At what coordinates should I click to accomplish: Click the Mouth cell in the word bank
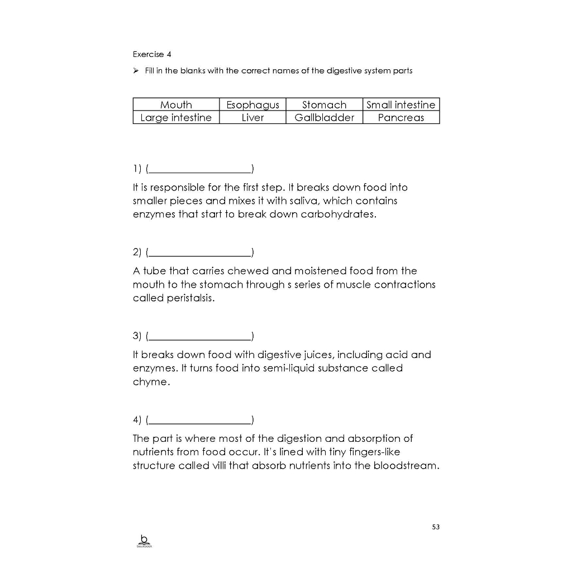[176, 104]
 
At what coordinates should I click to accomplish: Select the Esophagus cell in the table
[252, 104]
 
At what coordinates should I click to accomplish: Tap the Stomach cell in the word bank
[324, 104]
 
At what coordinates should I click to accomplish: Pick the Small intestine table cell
[401, 104]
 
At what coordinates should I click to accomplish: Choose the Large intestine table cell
[176, 117]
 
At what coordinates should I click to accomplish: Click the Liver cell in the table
[252, 117]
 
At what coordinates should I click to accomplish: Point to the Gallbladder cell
[324, 117]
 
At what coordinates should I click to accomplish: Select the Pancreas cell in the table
[401, 117]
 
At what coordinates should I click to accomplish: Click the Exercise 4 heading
[152, 54]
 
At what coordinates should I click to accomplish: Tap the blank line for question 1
[200, 169]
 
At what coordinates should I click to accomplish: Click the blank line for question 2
[200, 253]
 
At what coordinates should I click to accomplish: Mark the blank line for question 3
[200, 337]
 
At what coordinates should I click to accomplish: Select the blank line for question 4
[200, 421]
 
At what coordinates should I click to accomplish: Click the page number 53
[436, 527]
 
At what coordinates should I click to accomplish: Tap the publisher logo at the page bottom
[144, 541]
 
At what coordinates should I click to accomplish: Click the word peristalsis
[190, 298]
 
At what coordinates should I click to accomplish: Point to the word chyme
[150, 383]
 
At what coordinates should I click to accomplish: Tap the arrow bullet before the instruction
[136, 71]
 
